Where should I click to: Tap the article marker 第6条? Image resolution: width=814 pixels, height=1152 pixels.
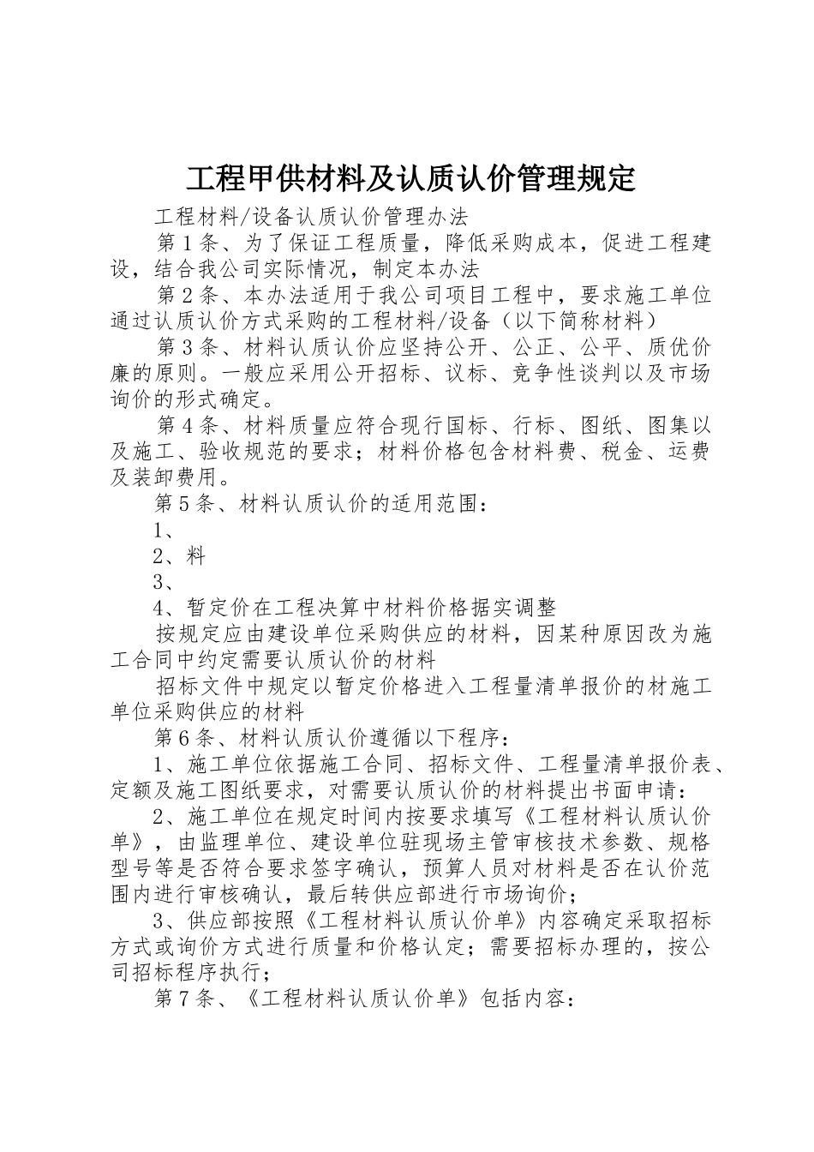[183, 738]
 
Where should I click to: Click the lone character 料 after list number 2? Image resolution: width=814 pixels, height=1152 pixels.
[196, 556]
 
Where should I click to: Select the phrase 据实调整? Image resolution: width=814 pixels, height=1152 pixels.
[513, 608]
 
